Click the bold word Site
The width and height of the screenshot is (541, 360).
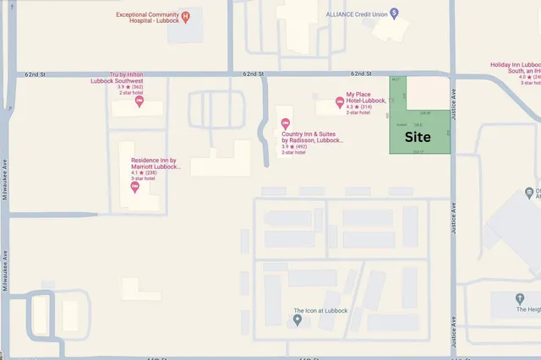[x=418, y=137]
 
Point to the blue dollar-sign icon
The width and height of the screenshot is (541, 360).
[x=394, y=14]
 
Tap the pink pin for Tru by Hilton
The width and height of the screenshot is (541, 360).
[x=139, y=102]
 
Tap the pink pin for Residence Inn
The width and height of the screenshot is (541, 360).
[x=135, y=186]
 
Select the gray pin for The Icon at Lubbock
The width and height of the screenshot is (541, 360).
[x=298, y=320]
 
